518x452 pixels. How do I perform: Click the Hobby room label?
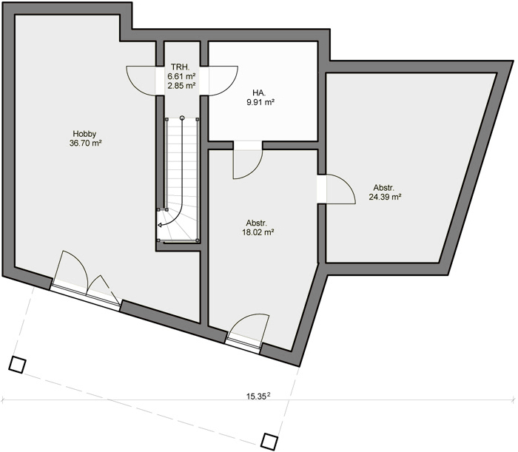click(84, 134)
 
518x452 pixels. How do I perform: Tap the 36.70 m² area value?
click(85, 143)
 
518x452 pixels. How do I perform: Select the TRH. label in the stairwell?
click(181, 67)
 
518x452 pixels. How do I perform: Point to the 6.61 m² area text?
click(181, 76)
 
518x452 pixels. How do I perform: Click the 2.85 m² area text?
click(181, 86)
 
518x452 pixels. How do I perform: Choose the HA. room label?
click(258, 93)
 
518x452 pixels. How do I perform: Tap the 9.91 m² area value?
click(260, 102)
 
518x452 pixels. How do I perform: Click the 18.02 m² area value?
click(258, 232)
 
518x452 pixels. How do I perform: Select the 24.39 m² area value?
click(385, 197)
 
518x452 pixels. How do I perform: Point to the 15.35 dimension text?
click(258, 397)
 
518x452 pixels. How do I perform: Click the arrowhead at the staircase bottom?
click(160, 225)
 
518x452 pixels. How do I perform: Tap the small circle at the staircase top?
click(182, 118)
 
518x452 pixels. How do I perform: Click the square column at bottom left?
click(17, 365)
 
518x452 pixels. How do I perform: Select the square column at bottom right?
click(269, 440)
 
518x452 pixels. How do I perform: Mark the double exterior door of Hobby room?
click(87, 280)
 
